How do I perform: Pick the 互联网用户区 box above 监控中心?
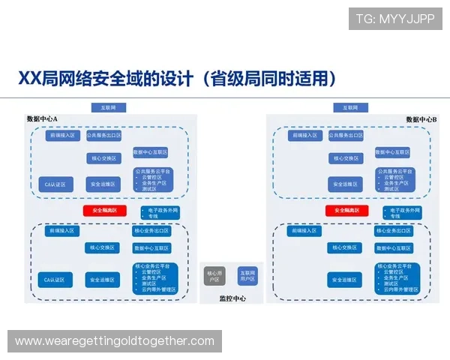[247, 275]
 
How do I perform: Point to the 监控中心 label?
[232, 298]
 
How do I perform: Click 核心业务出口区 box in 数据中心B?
[394, 231]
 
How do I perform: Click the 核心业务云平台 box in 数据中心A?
[154, 277]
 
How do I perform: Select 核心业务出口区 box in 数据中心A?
[151, 231]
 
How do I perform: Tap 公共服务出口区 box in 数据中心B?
[345, 136]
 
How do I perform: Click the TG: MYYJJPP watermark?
[395, 18]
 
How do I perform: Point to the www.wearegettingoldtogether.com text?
[115, 341]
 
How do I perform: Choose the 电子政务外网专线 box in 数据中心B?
[401, 212]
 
